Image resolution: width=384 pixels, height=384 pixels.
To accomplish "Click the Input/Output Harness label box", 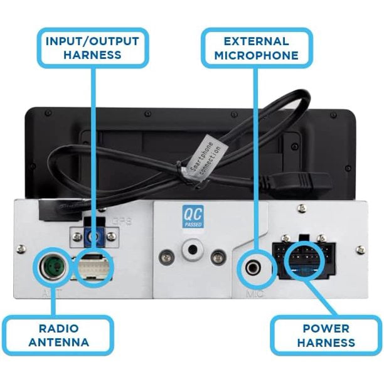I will (92, 48).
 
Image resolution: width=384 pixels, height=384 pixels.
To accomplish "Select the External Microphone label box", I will (256, 48).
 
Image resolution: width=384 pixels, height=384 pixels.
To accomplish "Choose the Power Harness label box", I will (326, 336).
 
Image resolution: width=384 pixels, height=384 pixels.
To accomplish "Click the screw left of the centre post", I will (167, 257).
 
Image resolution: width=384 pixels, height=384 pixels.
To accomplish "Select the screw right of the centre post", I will (217, 257).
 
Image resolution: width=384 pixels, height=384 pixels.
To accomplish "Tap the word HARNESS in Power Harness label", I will (326, 343).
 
